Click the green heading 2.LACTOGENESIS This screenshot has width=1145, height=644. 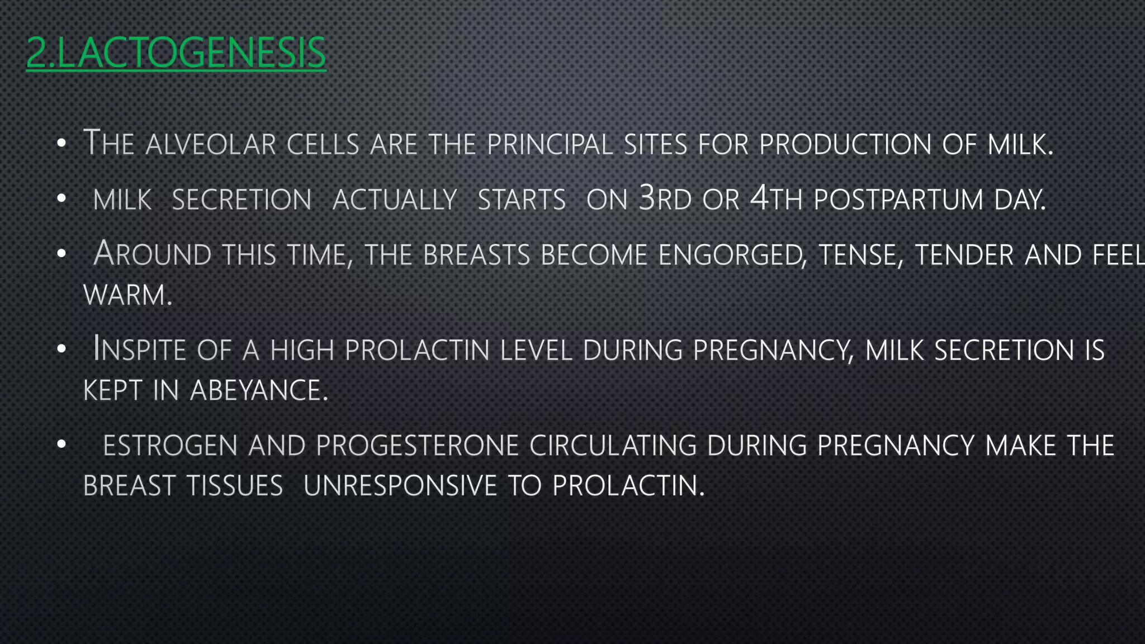pos(176,53)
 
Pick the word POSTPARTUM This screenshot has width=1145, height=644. pos(898,200)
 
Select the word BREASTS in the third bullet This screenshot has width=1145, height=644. pos(476,255)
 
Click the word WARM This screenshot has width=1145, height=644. pos(127,295)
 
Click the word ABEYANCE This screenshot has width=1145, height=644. pos(258,390)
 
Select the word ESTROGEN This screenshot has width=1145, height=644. pos(171,446)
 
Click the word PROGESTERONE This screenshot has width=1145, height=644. pos(417,446)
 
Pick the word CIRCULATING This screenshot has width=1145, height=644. pos(613,446)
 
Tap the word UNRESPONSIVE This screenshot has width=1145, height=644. pos(400,485)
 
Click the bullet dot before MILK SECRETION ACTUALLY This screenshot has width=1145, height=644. pos(61,198)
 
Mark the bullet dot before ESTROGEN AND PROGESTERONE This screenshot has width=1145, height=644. pos(61,444)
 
